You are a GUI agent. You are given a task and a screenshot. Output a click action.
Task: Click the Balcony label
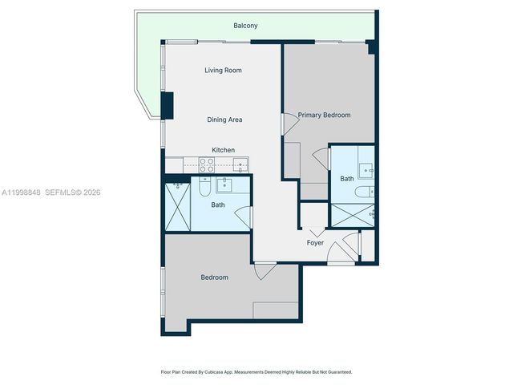[245, 26]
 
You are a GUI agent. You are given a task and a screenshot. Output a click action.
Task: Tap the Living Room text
[223, 71]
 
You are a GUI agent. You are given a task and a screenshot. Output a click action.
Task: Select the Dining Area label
[224, 120]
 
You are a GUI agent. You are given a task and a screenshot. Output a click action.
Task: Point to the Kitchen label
[223, 150]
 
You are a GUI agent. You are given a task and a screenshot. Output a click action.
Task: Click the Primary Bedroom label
[324, 115]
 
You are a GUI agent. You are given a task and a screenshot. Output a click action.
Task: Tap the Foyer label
[315, 242]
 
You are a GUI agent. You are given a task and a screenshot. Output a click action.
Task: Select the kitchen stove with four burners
[206, 165]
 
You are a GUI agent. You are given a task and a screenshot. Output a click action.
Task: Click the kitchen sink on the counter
[240, 165]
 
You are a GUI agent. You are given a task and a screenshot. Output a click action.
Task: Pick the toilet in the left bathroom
[205, 188]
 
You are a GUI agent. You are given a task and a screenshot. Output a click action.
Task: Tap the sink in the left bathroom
[224, 186]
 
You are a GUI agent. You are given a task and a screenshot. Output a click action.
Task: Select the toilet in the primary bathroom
[364, 192]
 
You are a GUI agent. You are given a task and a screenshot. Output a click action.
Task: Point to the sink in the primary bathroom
[366, 170]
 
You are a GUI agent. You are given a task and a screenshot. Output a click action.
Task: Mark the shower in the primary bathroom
[353, 215]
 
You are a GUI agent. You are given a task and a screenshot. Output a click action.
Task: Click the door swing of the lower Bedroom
[262, 272]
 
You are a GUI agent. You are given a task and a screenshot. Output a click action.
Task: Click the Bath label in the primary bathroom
[346, 179]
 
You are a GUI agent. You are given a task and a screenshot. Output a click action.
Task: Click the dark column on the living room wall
[168, 105]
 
